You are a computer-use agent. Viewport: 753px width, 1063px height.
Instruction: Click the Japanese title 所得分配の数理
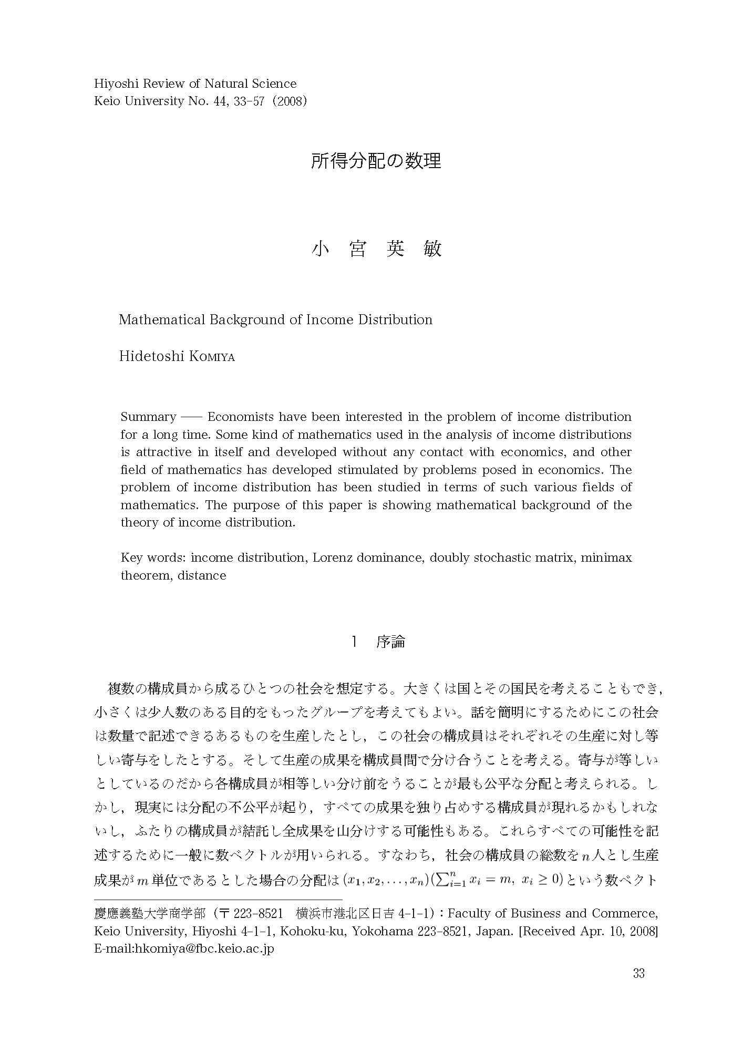[x=376, y=161]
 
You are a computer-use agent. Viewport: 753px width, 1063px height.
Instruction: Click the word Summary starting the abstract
[x=148, y=417]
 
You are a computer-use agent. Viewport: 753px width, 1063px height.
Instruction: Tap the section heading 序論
[x=390, y=642]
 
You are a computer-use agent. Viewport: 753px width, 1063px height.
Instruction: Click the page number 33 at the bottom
[x=638, y=973]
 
